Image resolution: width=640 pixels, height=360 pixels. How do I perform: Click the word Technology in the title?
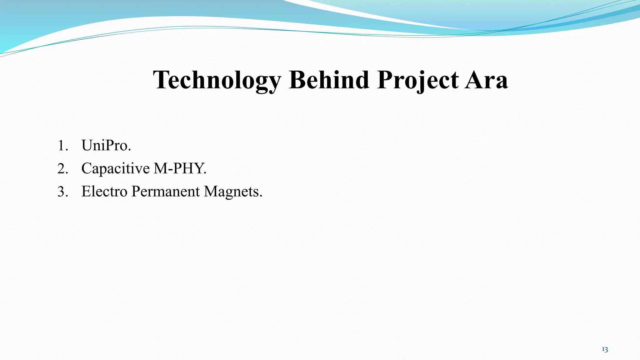[x=217, y=80]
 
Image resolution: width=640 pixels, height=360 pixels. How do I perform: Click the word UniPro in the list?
[x=106, y=145]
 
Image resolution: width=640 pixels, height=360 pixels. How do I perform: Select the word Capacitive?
[x=116, y=168]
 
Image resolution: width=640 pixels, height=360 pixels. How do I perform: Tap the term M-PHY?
[x=180, y=168]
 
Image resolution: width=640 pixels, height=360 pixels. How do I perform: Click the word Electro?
[x=104, y=191]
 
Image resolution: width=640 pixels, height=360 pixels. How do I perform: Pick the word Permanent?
[x=165, y=191]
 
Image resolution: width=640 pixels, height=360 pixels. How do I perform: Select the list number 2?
[x=62, y=169]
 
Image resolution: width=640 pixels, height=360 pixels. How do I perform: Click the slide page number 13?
[x=605, y=349]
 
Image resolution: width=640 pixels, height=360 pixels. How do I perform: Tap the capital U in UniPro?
[x=87, y=145]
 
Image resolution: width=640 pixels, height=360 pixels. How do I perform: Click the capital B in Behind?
[x=297, y=80]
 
